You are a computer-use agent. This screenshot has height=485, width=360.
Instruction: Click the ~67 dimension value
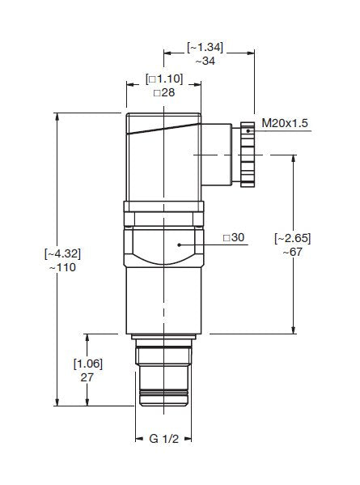tap(292, 252)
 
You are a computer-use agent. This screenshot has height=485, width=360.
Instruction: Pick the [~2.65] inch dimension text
tap(292, 237)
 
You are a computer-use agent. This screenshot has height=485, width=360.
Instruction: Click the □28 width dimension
tap(164, 93)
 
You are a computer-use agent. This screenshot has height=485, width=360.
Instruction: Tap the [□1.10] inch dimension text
tap(164, 79)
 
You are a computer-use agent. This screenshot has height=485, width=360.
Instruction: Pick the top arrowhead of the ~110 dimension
tap(57, 113)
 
